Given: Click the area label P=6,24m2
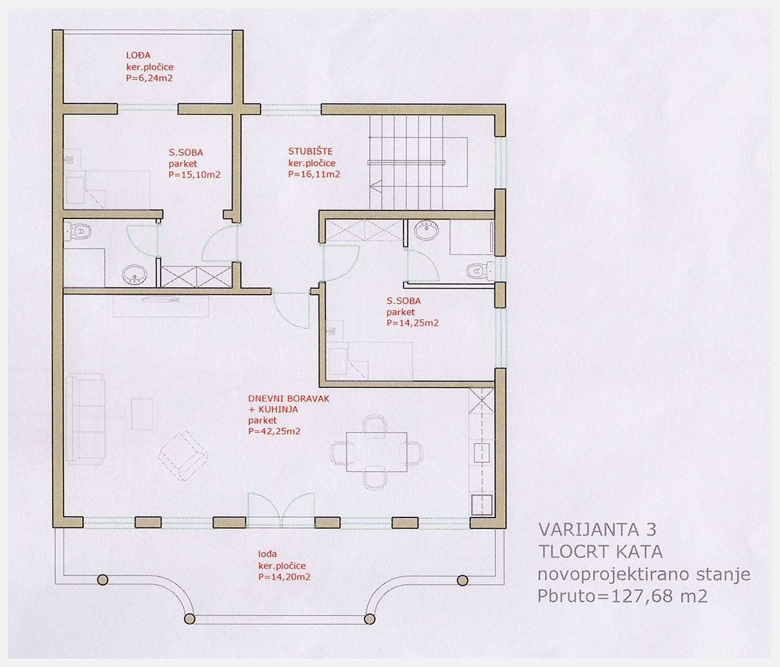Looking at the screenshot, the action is (149, 78).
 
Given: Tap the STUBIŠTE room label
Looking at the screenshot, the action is (310, 151).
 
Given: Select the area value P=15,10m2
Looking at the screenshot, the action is (194, 175).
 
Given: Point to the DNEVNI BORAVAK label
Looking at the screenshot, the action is (289, 399).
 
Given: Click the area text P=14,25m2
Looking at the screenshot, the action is (412, 322).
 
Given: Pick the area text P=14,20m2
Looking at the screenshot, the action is (284, 577).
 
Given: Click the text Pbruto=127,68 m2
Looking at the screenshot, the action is (622, 596).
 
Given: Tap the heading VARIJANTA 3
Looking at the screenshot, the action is (597, 530).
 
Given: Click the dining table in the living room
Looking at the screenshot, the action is (376, 452).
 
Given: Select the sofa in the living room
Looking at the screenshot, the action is (85, 419).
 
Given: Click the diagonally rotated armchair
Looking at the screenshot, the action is (183, 456).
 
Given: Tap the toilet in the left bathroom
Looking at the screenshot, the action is (78, 231).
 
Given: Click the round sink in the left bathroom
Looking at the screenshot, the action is (135, 274).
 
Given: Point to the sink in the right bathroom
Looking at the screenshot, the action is (426, 229).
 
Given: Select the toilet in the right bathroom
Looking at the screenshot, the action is (480, 270).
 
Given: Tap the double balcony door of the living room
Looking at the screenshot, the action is (281, 510).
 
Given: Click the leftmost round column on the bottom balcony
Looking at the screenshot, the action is (102, 579).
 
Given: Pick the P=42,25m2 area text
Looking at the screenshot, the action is (274, 431).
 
